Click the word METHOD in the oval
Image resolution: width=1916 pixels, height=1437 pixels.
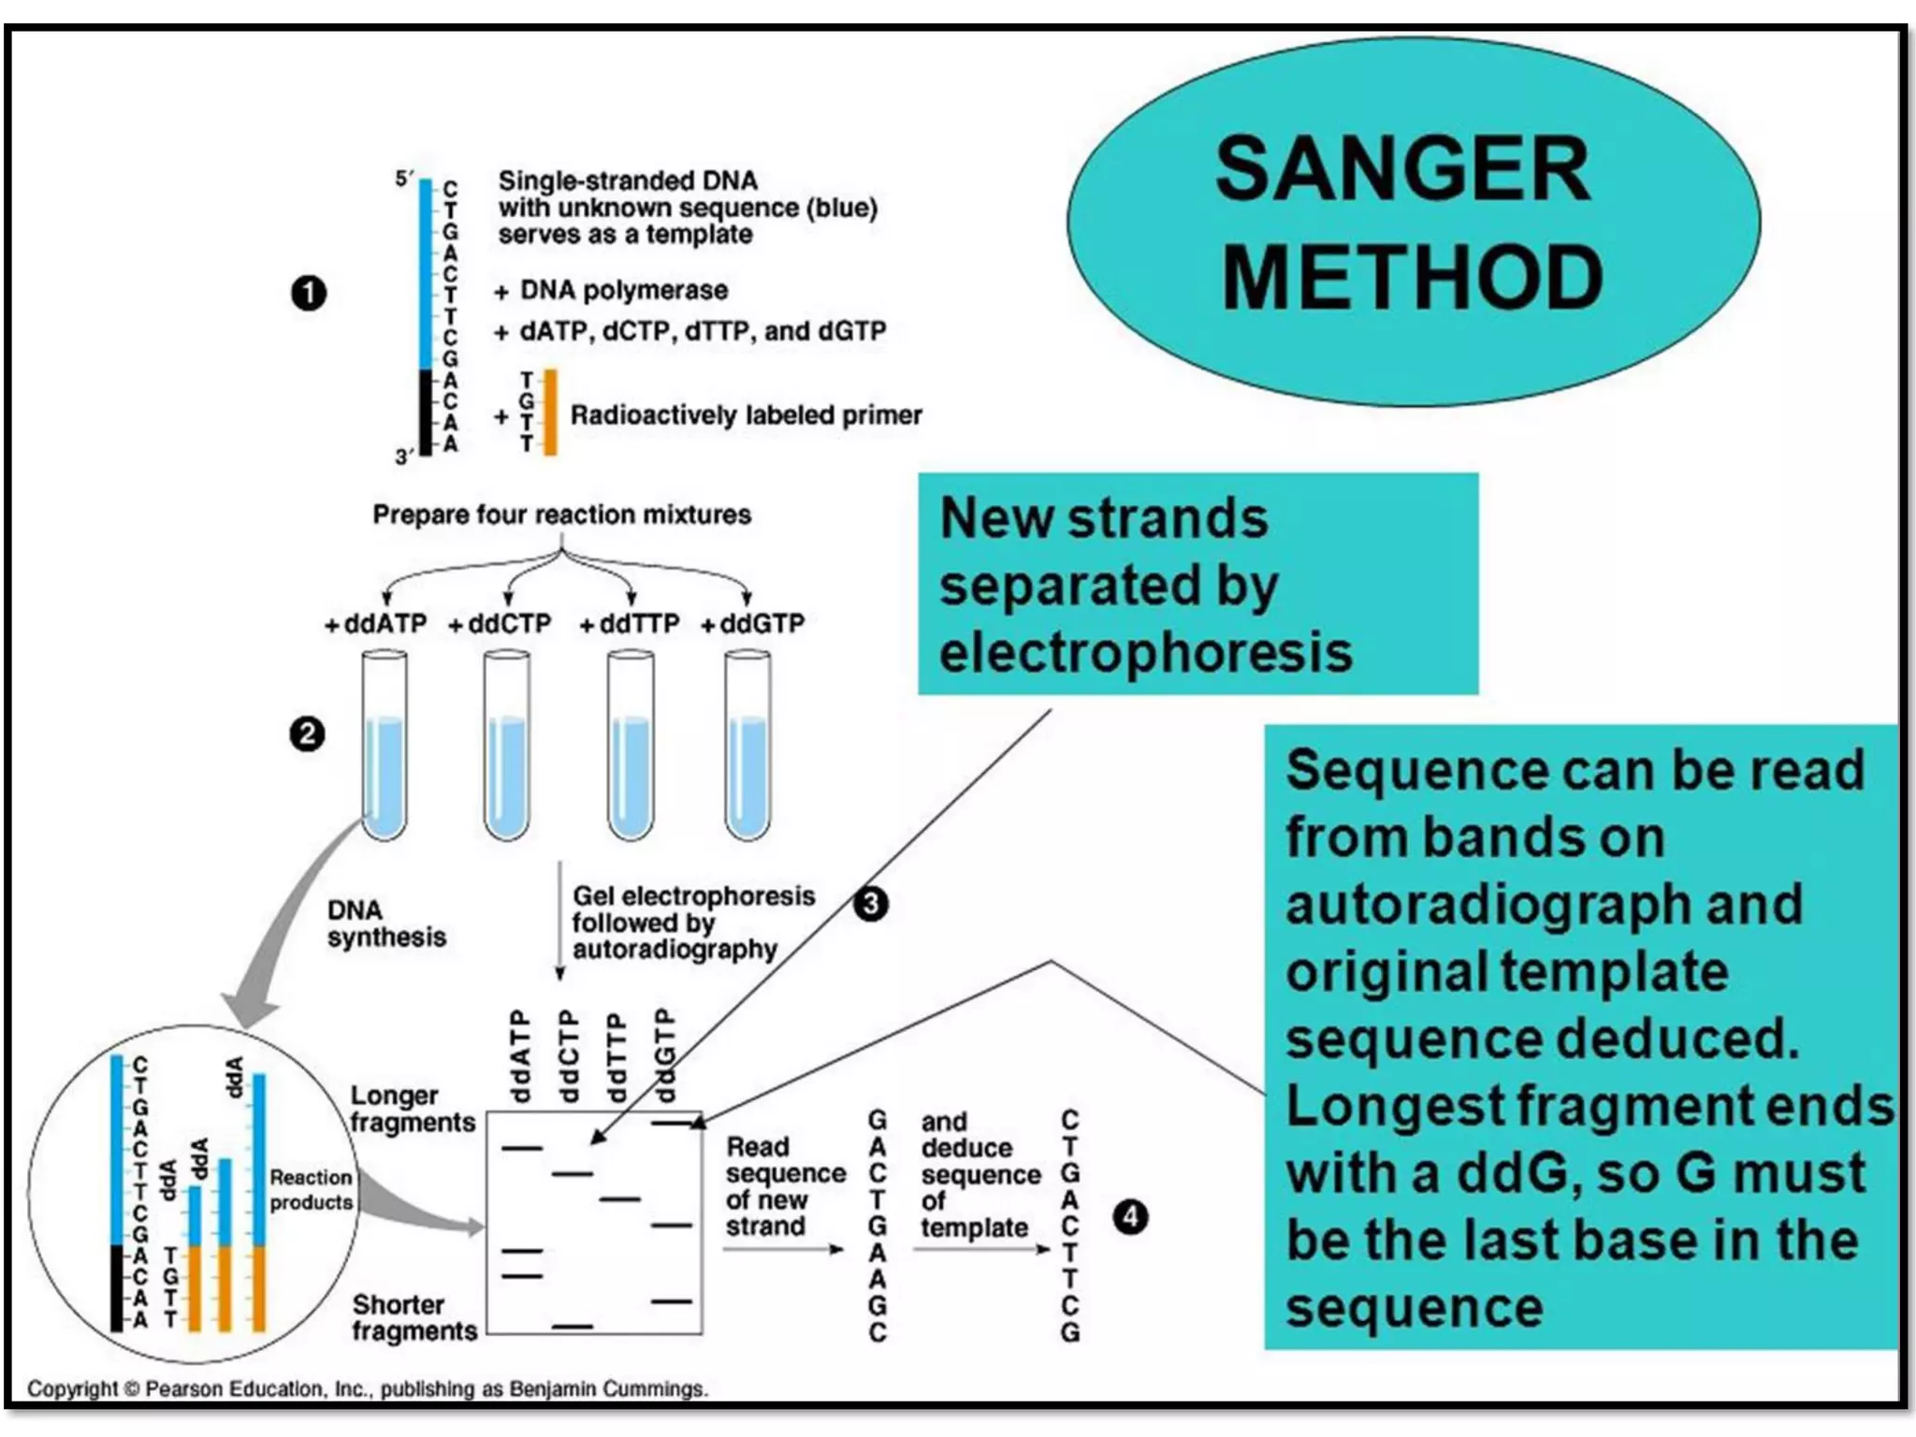tap(1412, 278)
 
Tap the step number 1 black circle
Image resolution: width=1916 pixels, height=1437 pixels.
tap(309, 294)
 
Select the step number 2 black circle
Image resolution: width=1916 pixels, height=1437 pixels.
tap(307, 734)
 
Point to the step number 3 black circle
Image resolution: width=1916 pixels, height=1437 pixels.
tap(870, 904)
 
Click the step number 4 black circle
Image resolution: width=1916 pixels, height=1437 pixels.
tap(1130, 1217)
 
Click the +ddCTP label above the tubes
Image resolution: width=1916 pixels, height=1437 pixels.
tap(500, 624)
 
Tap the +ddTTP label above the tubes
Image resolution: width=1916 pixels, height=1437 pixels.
tap(629, 624)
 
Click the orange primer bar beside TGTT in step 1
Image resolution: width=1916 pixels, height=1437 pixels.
tap(550, 412)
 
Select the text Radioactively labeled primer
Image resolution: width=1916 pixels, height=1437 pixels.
tap(746, 414)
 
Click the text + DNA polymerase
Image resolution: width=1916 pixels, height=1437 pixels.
tap(611, 291)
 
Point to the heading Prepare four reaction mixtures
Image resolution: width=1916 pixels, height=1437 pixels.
tap(561, 515)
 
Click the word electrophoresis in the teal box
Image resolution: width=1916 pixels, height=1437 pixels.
tap(1145, 652)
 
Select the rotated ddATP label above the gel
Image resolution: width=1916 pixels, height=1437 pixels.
tap(520, 1055)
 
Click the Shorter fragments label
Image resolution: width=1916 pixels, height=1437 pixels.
tap(414, 1317)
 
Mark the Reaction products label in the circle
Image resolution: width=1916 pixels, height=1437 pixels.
tap(311, 1189)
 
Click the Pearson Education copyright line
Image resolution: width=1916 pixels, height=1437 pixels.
tap(367, 1388)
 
